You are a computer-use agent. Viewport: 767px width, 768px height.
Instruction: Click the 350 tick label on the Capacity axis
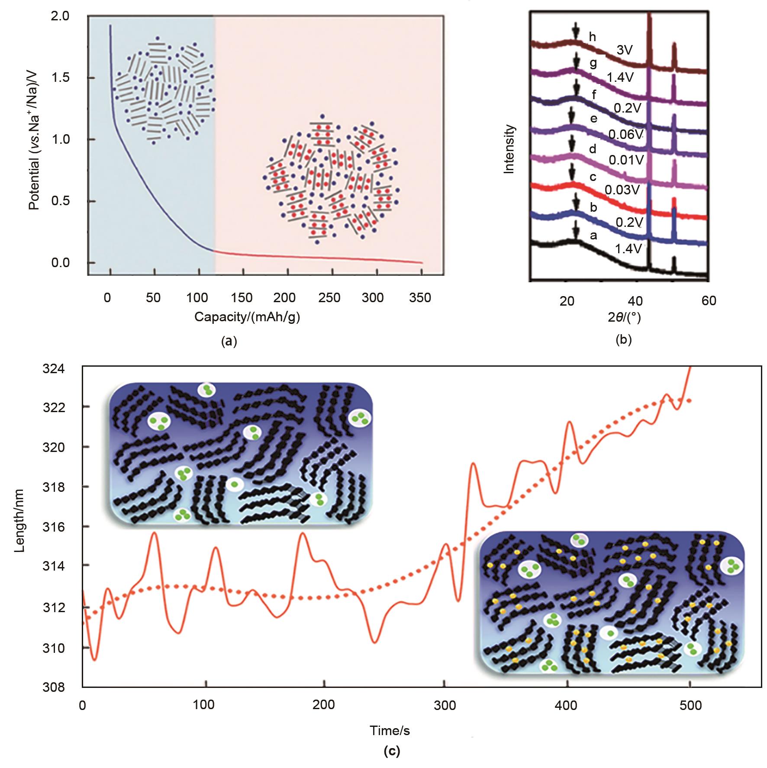pos(420,298)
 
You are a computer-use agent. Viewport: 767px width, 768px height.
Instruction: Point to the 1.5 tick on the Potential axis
pos(60,77)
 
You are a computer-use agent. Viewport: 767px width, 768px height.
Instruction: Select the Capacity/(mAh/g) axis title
pos(247,317)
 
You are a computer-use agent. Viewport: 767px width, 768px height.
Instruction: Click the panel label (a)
pos(229,342)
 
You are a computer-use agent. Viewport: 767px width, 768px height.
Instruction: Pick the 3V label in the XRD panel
pos(624,50)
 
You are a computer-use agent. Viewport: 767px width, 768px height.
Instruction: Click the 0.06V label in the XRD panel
pos(626,135)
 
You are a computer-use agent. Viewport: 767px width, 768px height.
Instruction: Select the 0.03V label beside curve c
pos(622,190)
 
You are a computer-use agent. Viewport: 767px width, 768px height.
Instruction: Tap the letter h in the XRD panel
pos(592,37)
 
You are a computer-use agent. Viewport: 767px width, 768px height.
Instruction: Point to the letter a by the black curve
pos(593,236)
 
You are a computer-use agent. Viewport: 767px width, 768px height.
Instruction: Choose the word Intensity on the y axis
pos(509,149)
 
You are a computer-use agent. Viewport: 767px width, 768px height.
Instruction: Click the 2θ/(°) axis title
pos(624,317)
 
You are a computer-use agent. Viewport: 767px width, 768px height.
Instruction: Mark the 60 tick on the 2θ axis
pos(708,300)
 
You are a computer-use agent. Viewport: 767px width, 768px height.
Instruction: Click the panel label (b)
pos(623,340)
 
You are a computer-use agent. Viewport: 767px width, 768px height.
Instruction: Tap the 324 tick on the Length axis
pos(53,368)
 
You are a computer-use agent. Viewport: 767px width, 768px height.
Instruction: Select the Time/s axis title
pos(390,731)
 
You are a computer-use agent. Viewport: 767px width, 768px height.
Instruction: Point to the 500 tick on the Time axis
pos(690,706)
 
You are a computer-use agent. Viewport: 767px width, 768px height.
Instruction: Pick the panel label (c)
pos(392,751)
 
